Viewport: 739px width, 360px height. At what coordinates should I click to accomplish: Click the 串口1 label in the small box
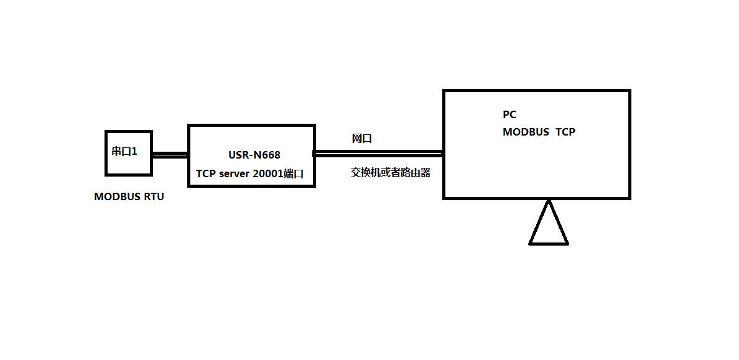[124, 151]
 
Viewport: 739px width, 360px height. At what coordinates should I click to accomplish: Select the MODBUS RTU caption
[129, 196]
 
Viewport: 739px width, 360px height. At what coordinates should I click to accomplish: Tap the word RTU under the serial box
[154, 196]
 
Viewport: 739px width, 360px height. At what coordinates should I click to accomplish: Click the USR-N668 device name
[254, 155]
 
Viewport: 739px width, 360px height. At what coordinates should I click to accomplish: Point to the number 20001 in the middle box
[267, 174]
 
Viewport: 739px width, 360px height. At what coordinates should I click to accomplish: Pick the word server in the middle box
[234, 174]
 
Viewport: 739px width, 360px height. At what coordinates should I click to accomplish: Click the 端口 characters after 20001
[294, 174]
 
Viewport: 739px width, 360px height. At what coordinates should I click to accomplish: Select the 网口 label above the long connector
[361, 139]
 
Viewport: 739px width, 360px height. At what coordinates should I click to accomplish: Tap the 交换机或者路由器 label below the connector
[391, 173]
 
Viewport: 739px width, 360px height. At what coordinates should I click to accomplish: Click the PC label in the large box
[509, 114]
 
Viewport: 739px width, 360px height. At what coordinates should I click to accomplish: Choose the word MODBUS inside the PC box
[526, 132]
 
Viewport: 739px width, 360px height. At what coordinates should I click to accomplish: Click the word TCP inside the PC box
[565, 132]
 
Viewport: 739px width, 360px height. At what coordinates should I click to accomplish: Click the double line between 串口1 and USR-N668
[170, 155]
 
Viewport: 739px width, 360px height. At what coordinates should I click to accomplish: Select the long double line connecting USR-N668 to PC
[378, 153]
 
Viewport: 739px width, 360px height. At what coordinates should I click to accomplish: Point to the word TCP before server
[205, 174]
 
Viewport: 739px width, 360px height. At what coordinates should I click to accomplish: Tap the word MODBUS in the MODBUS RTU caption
[118, 196]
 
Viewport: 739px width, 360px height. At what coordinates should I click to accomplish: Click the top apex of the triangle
[549, 201]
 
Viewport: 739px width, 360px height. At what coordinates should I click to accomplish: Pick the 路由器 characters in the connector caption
[416, 173]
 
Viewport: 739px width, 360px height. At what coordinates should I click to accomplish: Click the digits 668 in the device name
[271, 155]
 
